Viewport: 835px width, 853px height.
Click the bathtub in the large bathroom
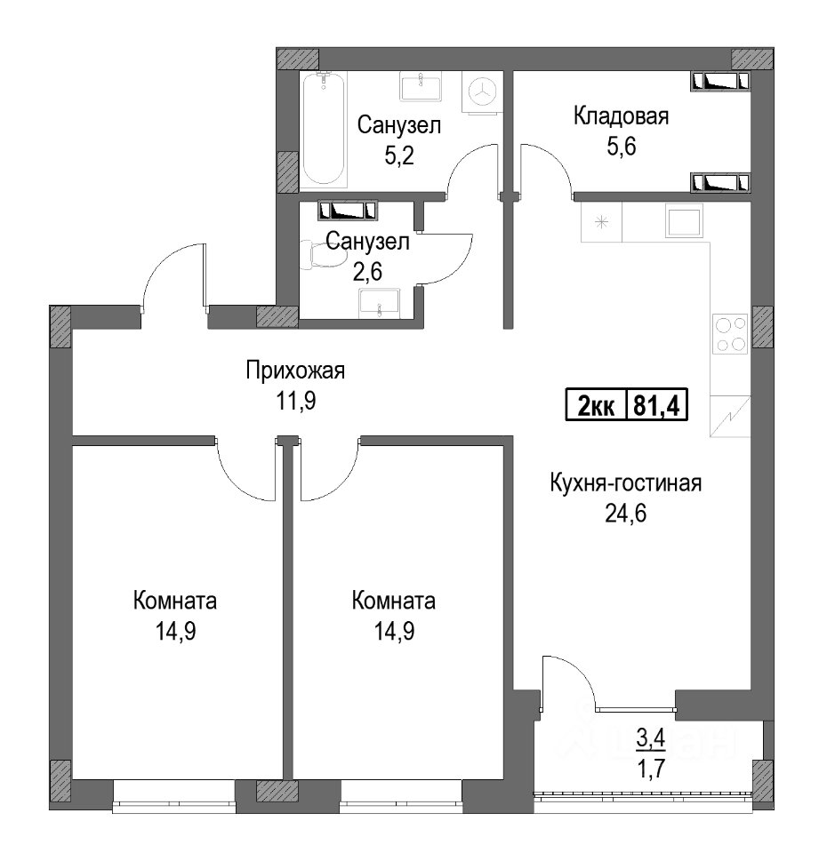click(324, 130)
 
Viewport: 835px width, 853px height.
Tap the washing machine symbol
click(482, 92)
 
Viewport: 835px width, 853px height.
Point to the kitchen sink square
click(684, 221)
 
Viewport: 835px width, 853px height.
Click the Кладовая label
click(621, 116)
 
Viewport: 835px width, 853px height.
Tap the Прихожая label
click(295, 371)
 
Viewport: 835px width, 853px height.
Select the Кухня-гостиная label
click(625, 483)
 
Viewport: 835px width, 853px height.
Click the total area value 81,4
click(657, 405)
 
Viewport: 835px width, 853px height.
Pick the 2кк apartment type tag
click(597, 406)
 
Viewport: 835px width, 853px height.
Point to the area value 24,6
click(625, 513)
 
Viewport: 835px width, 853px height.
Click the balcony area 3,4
click(651, 738)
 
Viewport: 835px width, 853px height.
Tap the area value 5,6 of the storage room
click(621, 147)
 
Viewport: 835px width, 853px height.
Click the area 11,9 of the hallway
click(295, 402)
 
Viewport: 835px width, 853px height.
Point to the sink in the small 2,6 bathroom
click(380, 304)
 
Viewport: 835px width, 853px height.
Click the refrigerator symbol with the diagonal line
click(730, 416)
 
